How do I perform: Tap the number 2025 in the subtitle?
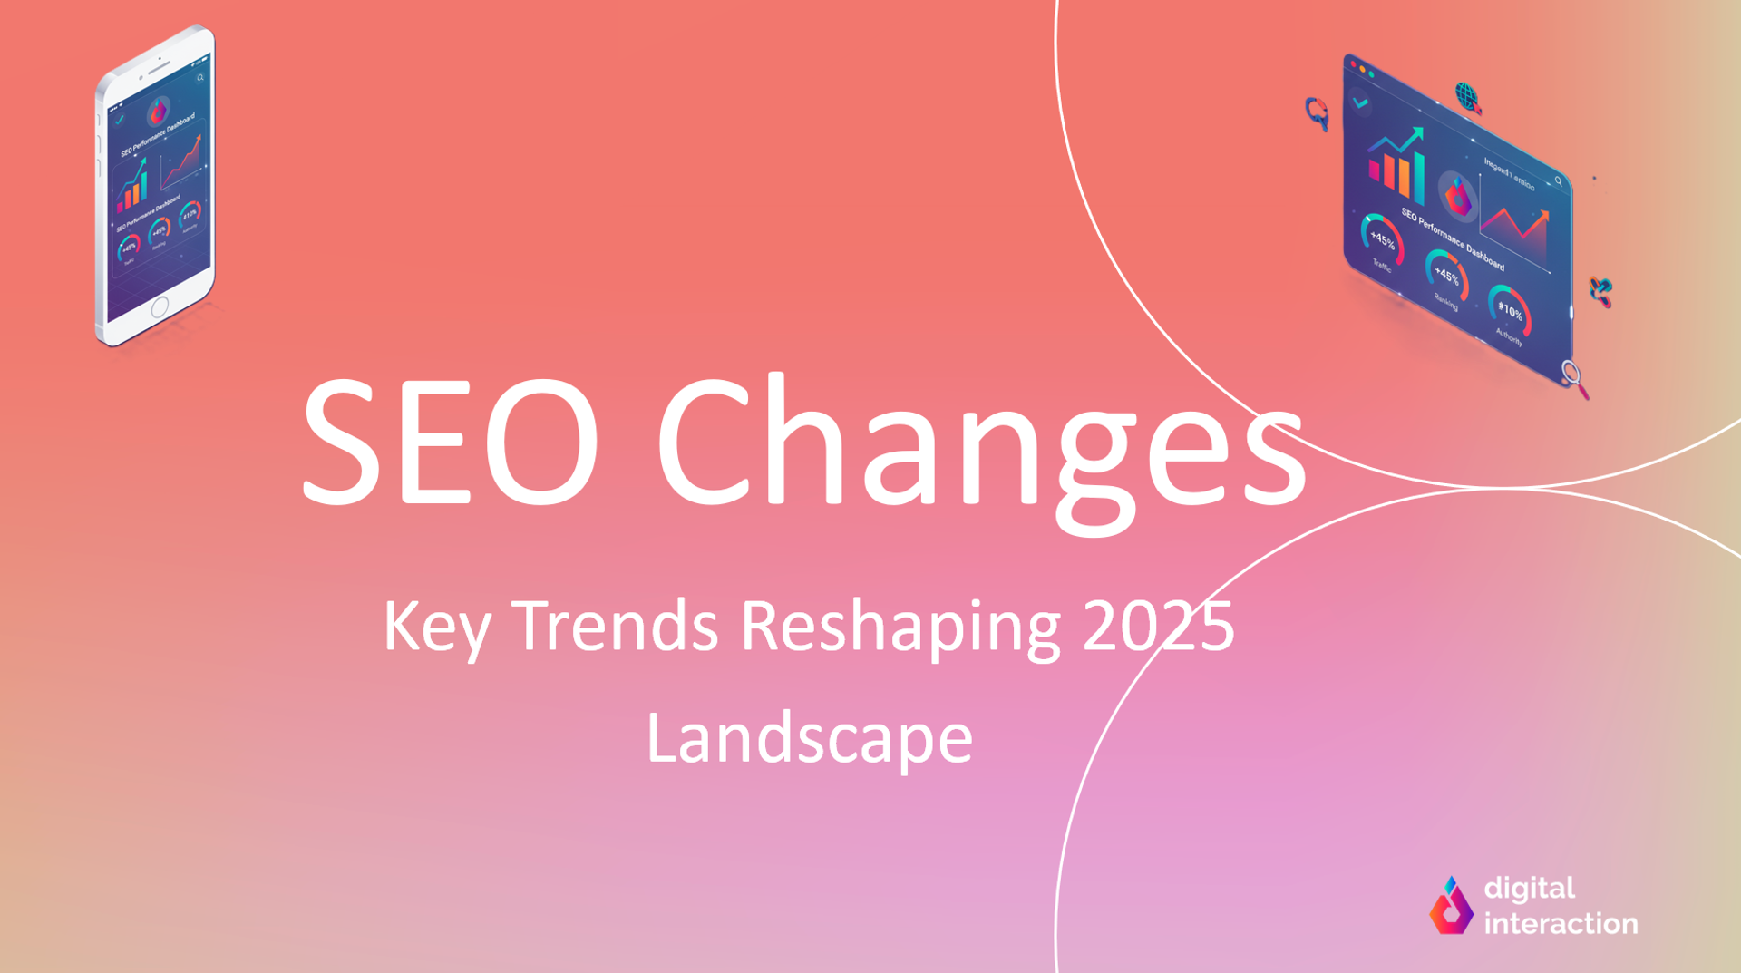[x=1158, y=626]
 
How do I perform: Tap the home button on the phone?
[x=160, y=306]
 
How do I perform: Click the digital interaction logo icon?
[x=1451, y=906]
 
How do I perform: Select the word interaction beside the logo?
[x=1561, y=924]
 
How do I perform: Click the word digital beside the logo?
[x=1529, y=888]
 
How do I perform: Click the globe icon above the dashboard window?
[x=1467, y=96]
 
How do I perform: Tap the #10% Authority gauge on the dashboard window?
[x=1510, y=311]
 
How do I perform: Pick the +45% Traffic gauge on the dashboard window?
[x=1382, y=239]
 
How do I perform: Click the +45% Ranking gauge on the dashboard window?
[x=1446, y=276]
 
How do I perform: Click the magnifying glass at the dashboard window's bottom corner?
[x=1574, y=377]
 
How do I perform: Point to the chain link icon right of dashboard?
[x=1600, y=291]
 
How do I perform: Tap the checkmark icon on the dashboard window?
[x=1360, y=103]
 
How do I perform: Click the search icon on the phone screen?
[x=200, y=78]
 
